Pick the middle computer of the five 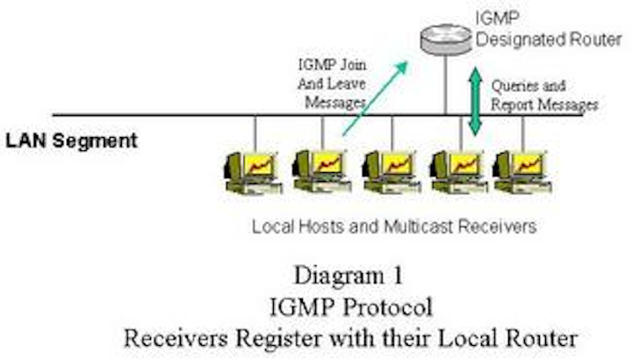point(387,170)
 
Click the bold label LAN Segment point(71,140)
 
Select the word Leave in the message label point(350,83)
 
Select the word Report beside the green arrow point(515,104)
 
